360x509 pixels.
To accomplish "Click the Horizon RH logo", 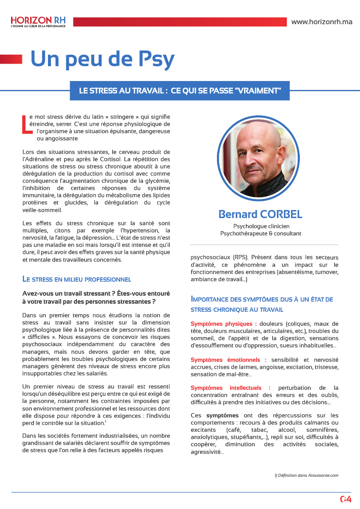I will pyautogui.click(x=38, y=22).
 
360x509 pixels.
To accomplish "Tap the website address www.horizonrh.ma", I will pyautogui.click(x=322, y=22).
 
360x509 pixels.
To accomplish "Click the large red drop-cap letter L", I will pyautogui.click(x=25, y=124).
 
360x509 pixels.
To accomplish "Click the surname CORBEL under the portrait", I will pyautogui.click(x=277, y=215).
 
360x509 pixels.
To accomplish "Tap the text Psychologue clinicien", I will pyautogui.click(x=261, y=226).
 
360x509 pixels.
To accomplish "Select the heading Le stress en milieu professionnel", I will pyautogui.click(x=76, y=279).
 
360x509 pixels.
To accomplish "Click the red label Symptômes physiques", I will pyautogui.click(x=223, y=324).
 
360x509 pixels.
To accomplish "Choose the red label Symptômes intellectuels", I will pyautogui.click(x=230, y=388).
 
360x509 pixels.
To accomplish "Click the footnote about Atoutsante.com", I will pyautogui.click(x=307, y=475).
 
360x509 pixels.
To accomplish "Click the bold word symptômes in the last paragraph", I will pyautogui.click(x=222, y=416).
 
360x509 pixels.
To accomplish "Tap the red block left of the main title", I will pyautogui.click(x=11, y=59).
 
